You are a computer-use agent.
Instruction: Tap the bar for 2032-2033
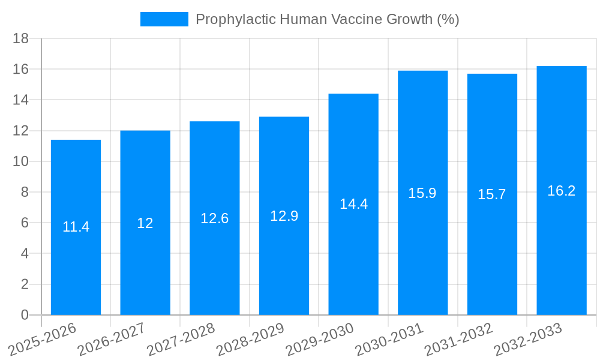[562, 252]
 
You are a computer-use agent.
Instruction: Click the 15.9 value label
[422, 193]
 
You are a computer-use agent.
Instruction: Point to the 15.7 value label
[492, 194]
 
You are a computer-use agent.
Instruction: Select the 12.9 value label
[284, 216]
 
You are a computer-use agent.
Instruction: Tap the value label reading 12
[145, 223]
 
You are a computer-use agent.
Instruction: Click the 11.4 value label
[76, 227]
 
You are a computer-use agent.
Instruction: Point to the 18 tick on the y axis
[21, 38]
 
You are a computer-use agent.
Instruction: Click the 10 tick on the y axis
[21, 161]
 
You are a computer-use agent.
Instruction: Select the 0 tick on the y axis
[25, 315]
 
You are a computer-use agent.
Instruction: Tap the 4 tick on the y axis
[25, 254]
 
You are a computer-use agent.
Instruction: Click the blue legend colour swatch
[164, 19]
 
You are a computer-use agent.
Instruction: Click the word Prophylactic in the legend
[232, 19]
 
